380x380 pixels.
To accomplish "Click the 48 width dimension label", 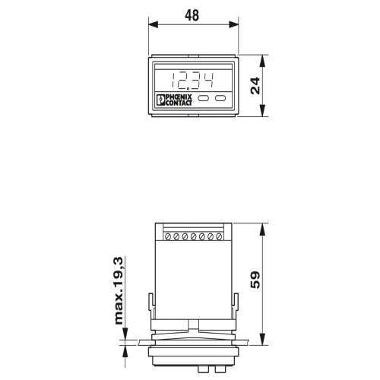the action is click(192, 15).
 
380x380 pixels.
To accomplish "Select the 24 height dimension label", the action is click(255, 86).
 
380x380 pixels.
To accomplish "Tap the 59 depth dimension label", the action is click(255, 280).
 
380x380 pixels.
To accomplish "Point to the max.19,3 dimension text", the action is click(119, 290).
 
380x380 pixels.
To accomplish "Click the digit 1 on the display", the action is click(174, 81).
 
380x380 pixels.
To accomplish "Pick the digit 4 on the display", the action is click(209, 81).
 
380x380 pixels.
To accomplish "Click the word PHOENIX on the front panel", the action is click(179, 97).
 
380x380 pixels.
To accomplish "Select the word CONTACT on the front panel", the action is click(179, 103).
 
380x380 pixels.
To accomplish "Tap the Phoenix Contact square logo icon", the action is click(160, 100).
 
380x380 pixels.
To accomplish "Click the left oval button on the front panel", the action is click(203, 98).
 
